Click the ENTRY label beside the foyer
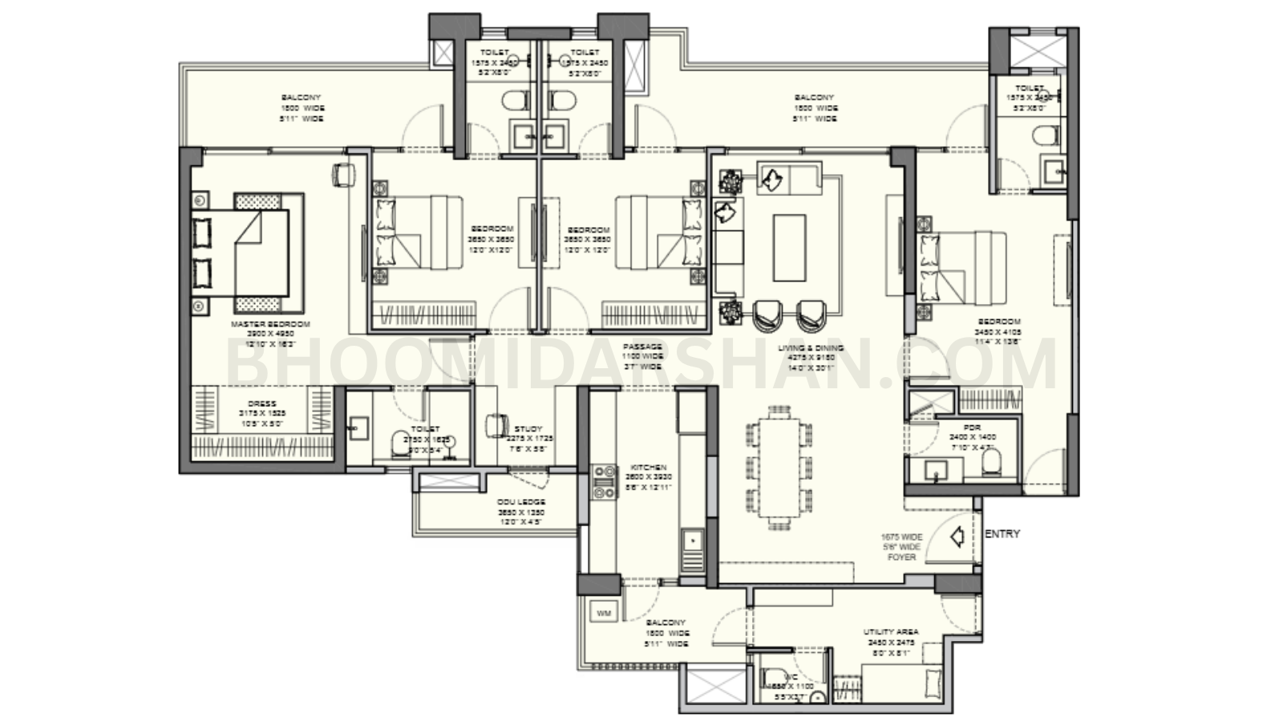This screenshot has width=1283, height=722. tap(1002, 533)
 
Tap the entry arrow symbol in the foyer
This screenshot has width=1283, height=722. tap(956, 537)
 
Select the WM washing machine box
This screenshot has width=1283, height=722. tap(604, 614)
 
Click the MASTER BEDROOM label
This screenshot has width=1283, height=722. tap(270, 325)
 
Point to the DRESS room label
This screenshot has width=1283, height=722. tap(262, 404)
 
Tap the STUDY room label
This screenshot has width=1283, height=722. tap(528, 429)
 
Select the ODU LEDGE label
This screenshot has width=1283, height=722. tap(521, 502)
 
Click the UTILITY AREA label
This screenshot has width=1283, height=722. tap(891, 632)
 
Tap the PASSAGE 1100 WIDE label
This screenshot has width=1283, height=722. tap(642, 347)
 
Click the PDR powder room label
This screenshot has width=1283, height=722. tap(972, 428)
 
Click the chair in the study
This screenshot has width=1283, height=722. tap(497, 424)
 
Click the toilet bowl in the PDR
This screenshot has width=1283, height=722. tap(992, 460)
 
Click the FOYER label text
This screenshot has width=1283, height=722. tap(901, 557)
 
